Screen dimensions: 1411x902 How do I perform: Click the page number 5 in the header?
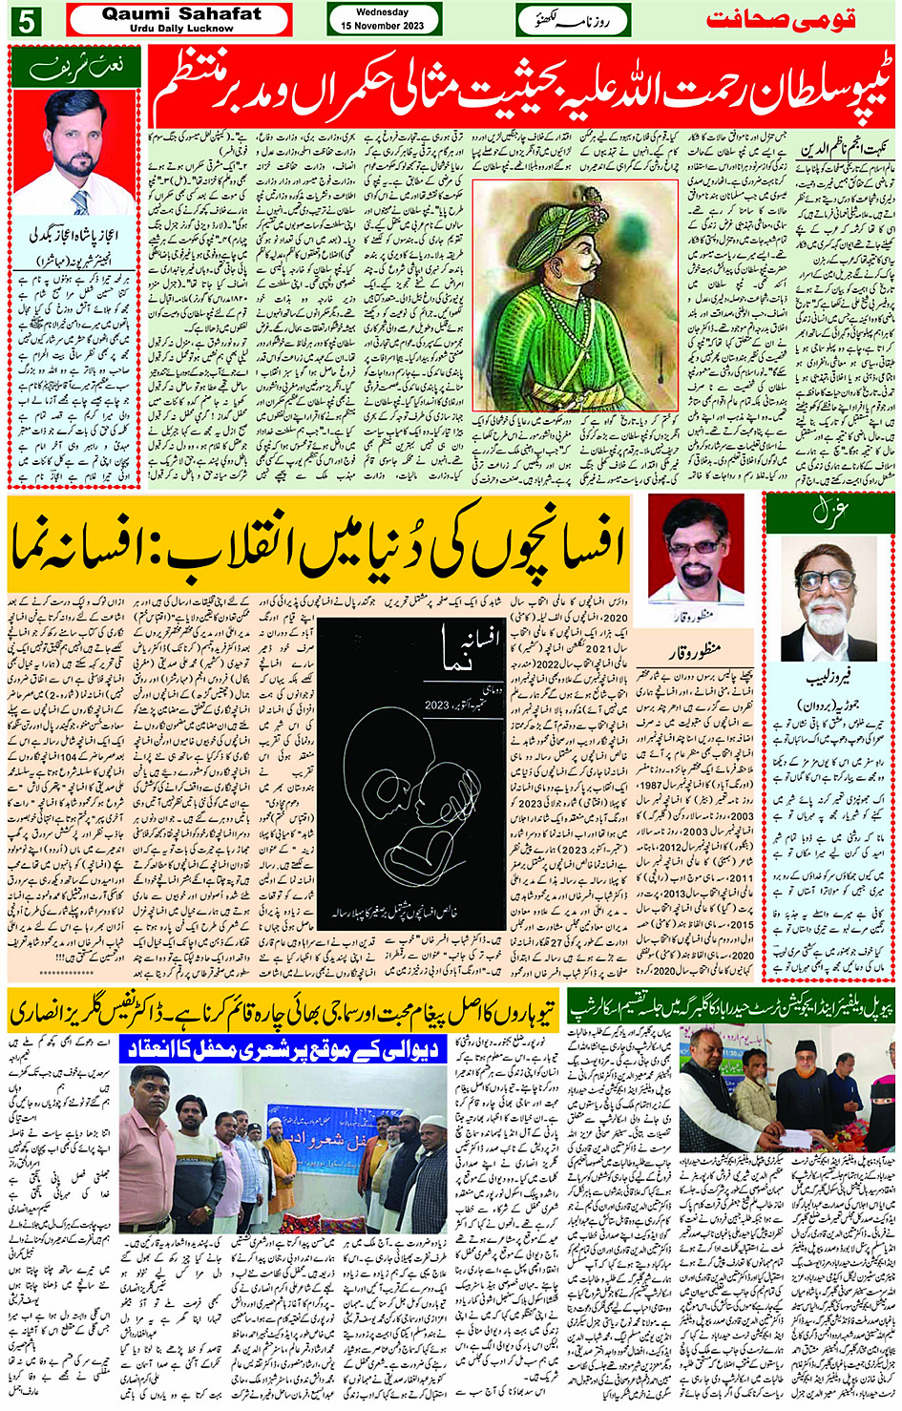[x=26, y=20]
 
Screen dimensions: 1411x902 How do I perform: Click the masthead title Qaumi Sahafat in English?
[x=180, y=14]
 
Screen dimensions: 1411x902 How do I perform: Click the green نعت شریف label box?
[x=74, y=68]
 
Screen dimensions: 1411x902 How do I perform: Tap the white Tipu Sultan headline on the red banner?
[x=520, y=91]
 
